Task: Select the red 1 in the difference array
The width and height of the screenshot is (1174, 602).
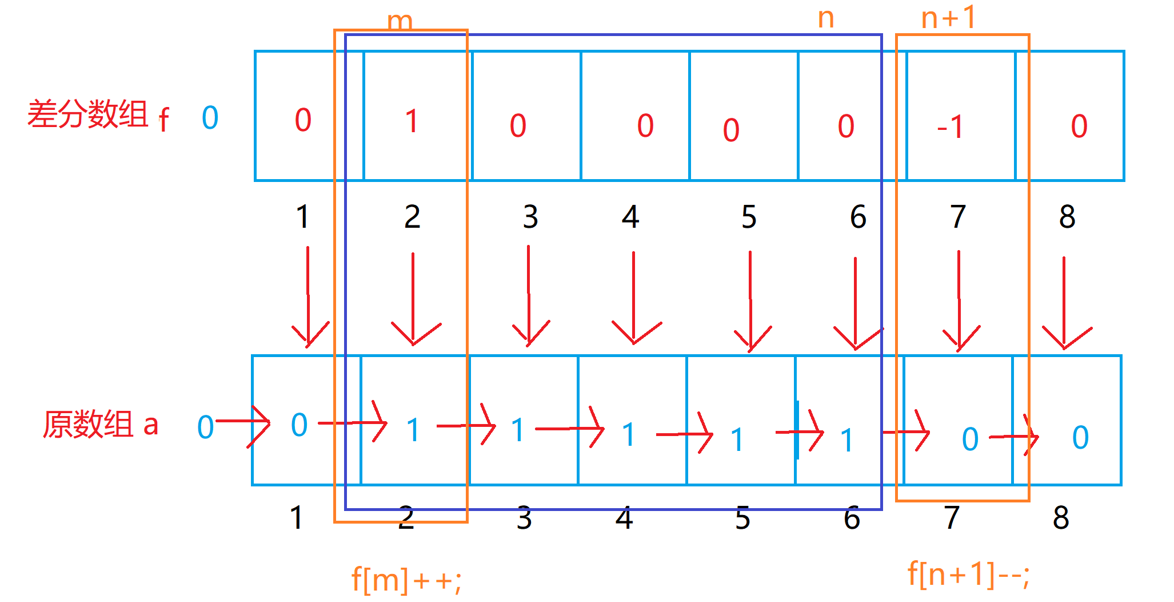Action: [412, 121]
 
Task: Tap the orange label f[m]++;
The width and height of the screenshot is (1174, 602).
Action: [406, 580]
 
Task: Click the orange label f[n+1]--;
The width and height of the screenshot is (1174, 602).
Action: [968, 574]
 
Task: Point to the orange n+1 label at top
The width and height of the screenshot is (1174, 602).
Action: [948, 18]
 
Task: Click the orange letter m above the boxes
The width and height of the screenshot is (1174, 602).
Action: [400, 22]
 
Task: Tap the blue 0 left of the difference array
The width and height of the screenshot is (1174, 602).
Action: [210, 118]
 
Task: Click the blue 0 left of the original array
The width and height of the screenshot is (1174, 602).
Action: [205, 427]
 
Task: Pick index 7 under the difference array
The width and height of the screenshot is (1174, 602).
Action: [958, 217]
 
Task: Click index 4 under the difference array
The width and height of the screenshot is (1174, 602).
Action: [630, 217]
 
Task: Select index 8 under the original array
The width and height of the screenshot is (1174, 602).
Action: [1061, 518]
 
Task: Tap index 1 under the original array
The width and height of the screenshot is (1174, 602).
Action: [296, 518]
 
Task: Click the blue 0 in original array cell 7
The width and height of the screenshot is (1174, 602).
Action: [970, 439]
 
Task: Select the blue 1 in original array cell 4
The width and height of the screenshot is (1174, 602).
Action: [629, 435]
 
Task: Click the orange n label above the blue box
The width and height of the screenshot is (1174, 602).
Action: [826, 18]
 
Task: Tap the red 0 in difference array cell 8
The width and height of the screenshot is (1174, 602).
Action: [1079, 126]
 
